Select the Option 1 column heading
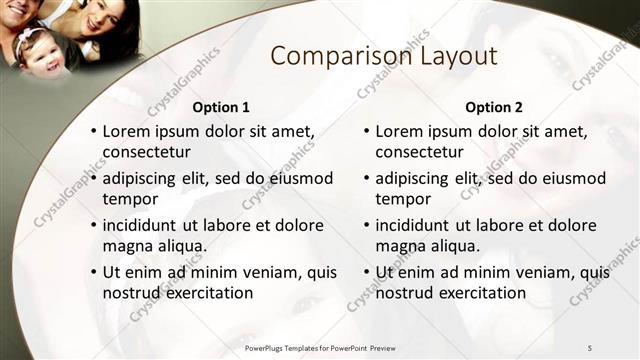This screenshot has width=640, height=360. [x=220, y=107]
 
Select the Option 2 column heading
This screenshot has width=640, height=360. [x=494, y=107]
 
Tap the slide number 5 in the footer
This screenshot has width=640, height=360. [x=589, y=347]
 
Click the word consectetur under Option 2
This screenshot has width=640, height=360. [x=419, y=152]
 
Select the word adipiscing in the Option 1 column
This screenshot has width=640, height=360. [x=143, y=178]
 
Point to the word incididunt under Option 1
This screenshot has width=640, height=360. [x=146, y=225]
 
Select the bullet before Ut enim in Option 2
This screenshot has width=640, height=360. [x=367, y=272]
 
